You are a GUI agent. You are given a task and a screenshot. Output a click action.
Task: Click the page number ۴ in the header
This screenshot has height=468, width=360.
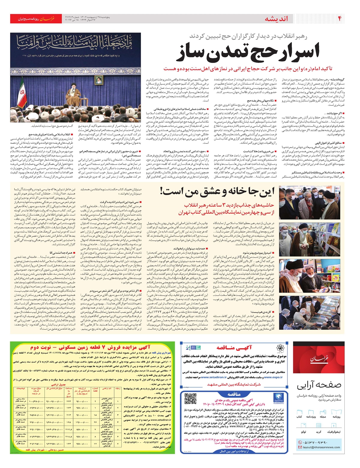click(340, 19)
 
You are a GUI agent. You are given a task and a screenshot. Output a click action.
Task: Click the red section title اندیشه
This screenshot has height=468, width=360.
click(276, 19)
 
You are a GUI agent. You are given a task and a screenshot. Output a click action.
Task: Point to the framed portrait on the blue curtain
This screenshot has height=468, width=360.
click(98, 79)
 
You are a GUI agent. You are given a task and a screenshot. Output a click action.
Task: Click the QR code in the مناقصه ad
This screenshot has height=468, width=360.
click(190, 399)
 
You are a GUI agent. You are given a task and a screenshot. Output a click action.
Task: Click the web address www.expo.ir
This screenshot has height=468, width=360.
click(273, 377)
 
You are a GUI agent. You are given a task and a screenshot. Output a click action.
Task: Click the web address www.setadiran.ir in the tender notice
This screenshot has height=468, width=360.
click(213, 377)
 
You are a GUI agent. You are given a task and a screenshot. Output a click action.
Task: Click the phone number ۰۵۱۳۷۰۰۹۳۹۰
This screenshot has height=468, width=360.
click(315, 442)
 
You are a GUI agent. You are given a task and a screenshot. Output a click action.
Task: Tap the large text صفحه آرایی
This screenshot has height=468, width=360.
click(319, 385)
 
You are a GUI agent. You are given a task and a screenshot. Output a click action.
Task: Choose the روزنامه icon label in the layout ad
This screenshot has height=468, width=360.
click(336, 417)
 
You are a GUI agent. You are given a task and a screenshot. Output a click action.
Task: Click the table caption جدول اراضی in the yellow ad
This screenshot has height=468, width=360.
click(58, 385)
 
